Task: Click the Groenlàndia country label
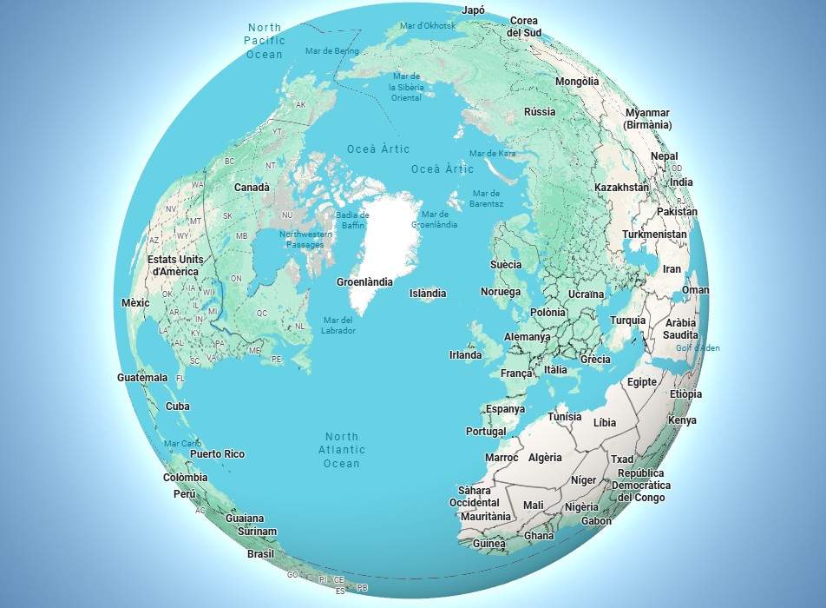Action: [x=364, y=282]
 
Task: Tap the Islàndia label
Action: [x=428, y=294]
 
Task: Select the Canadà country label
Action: [x=252, y=188]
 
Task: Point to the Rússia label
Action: [x=540, y=112]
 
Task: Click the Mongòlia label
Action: [x=577, y=82]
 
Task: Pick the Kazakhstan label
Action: [x=621, y=188]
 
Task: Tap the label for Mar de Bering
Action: [x=331, y=51]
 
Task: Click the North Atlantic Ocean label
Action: [x=342, y=450]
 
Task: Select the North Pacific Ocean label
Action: [x=264, y=41]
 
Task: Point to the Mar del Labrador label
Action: [x=338, y=325]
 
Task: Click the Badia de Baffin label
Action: [x=352, y=221]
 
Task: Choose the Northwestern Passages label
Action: [x=306, y=240]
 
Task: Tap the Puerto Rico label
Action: [x=217, y=454]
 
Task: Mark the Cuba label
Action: [x=178, y=406]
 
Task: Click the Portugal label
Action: [x=486, y=432]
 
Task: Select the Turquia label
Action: [x=627, y=321]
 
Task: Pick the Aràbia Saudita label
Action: [x=680, y=328]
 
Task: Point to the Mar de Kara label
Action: [x=492, y=154]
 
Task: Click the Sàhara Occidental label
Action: [x=474, y=496]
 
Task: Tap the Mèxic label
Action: [x=135, y=303]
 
